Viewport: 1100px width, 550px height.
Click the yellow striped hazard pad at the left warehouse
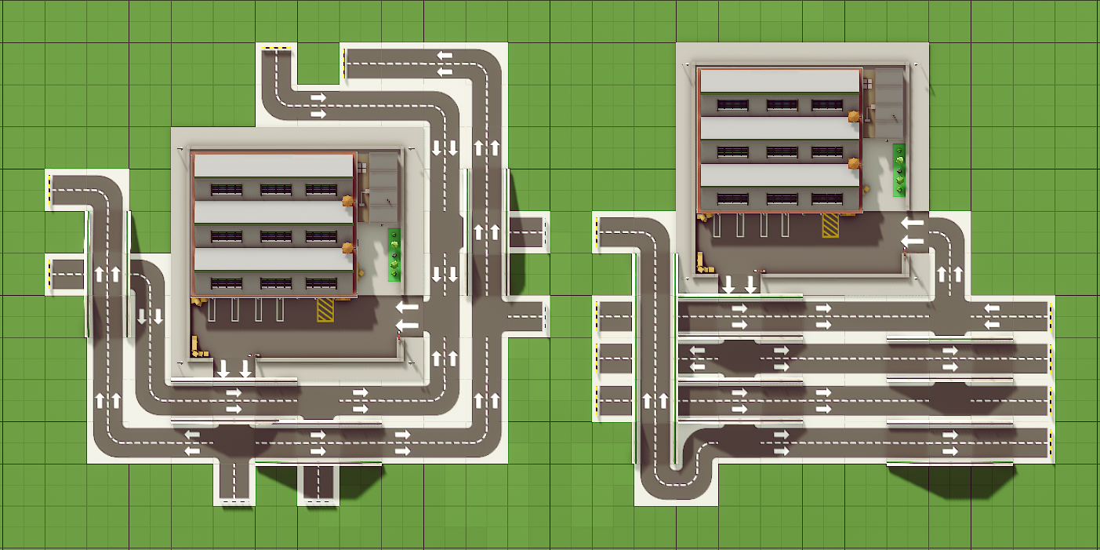point(325,309)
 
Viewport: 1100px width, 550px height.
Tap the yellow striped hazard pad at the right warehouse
point(830,224)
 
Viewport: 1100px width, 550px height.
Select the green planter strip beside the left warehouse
point(394,254)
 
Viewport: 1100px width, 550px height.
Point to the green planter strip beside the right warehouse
point(899,169)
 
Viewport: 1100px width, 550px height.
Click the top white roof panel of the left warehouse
point(273,166)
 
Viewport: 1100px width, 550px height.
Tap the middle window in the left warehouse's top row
point(275,189)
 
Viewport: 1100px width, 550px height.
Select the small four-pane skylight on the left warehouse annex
point(362,166)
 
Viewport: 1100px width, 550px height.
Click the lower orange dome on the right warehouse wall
point(853,164)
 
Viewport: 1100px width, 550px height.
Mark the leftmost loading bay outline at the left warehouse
point(212,310)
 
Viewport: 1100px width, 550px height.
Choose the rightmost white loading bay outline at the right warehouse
point(786,225)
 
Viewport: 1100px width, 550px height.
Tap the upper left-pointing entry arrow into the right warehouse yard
point(911,224)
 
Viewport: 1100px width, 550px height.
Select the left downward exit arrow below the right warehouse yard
point(728,284)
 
